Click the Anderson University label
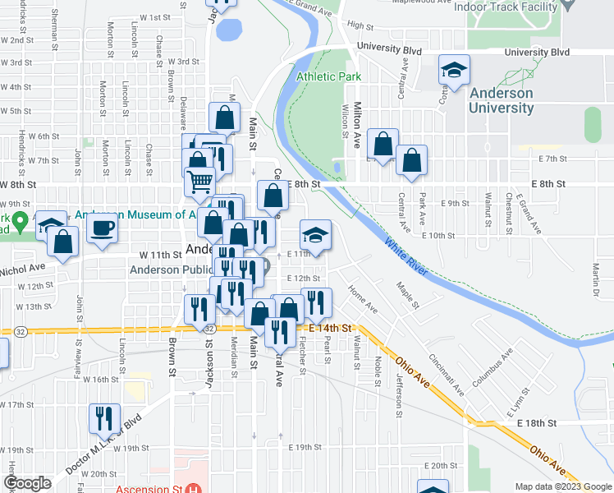[x=501, y=100]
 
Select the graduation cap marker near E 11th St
[x=314, y=235]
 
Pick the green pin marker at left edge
[x=21, y=221]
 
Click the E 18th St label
[x=537, y=422]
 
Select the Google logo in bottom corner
[x=27, y=483]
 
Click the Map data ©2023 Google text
[x=562, y=486]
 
